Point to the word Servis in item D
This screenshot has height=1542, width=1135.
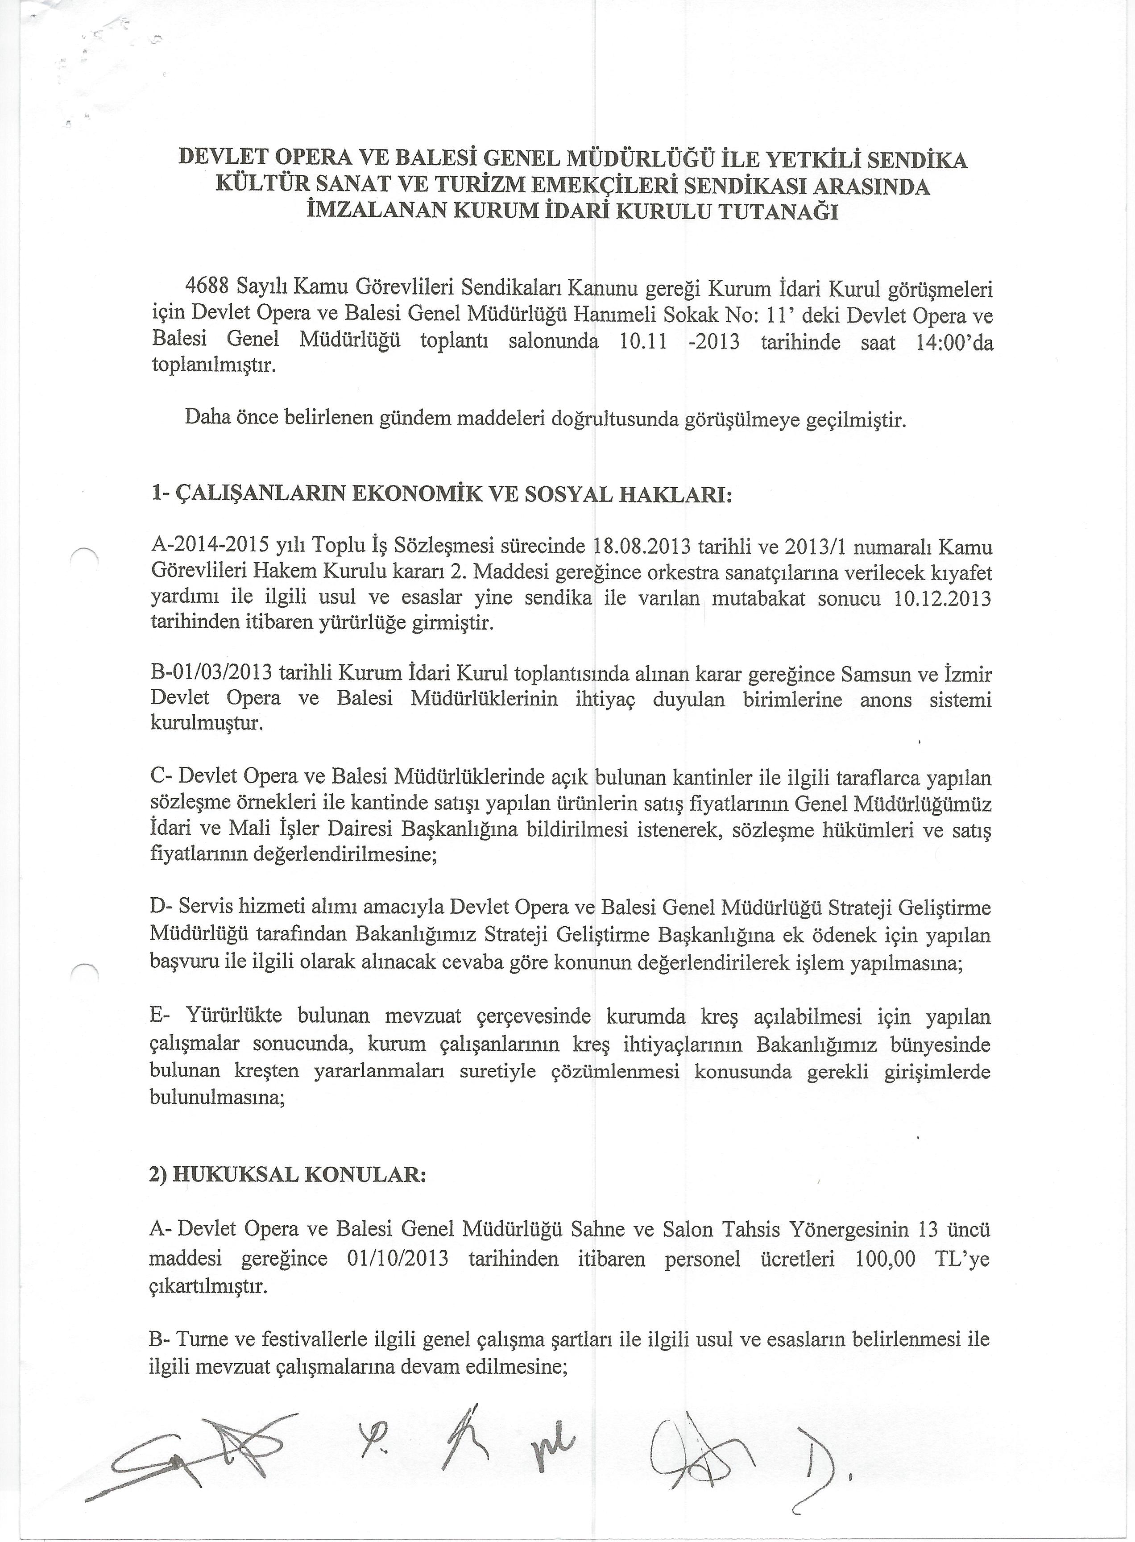[206, 908]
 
